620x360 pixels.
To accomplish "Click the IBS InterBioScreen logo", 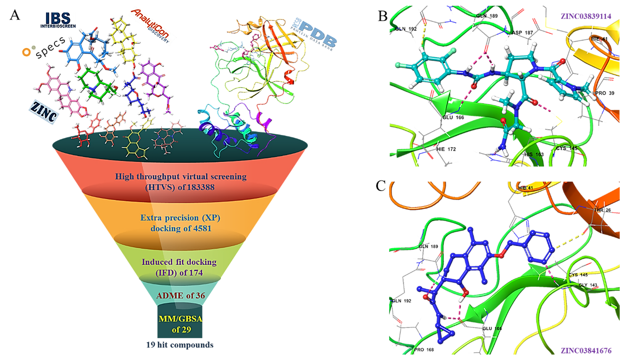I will [x=58, y=20].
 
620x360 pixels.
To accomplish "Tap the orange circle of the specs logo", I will [x=26, y=52].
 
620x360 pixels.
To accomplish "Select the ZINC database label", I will [x=44, y=112].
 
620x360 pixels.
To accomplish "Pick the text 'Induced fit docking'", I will [x=179, y=262].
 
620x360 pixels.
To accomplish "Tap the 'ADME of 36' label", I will [x=180, y=296].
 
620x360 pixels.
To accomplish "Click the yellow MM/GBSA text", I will [x=180, y=319].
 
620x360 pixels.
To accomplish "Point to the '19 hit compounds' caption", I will [x=180, y=345].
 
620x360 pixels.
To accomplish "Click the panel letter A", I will [x=15, y=15].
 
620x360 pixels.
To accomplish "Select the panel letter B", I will [x=382, y=16].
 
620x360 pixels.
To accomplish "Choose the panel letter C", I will [x=381, y=186].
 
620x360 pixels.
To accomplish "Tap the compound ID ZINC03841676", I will [x=586, y=350].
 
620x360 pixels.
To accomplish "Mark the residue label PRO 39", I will [x=605, y=93].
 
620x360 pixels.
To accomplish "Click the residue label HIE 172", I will [x=446, y=149].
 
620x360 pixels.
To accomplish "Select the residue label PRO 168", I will [x=424, y=350].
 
